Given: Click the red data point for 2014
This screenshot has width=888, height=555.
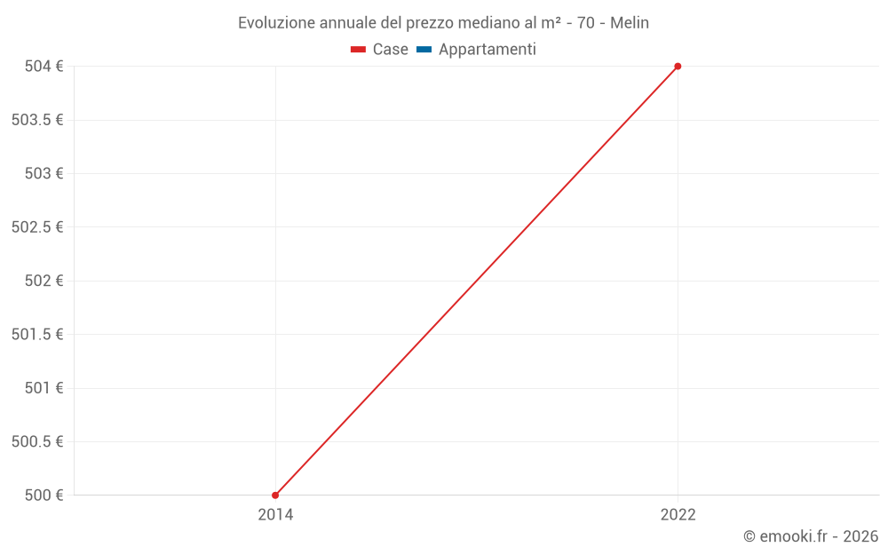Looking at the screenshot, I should click(x=275, y=495).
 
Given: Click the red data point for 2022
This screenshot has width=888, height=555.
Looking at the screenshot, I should click(x=678, y=66).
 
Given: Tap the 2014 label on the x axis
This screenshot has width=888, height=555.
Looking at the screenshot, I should click(x=275, y=514).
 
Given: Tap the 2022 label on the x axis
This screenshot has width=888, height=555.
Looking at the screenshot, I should click(x=678, y=514).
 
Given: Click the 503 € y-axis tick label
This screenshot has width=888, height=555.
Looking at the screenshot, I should click(x=44, y=173).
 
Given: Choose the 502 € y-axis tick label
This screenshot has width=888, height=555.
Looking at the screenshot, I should click(x=44, y=281).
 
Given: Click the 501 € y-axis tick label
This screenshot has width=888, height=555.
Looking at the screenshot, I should click(x=44, y=388).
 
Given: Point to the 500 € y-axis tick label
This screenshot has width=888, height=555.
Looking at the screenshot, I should click(x=44, y=495).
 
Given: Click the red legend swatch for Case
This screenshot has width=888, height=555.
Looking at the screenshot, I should click(x=358, y=50).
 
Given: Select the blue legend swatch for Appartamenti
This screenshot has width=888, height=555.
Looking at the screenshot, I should click(x=424, y=50).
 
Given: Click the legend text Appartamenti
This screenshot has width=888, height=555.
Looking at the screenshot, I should click(x=487, y=50).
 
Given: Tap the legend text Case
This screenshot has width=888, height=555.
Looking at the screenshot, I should click(x=390, y=50).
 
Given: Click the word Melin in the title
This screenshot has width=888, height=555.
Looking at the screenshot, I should click(x=629, y=23).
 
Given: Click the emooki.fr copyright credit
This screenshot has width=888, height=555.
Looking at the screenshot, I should click(x=811, y=536).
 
